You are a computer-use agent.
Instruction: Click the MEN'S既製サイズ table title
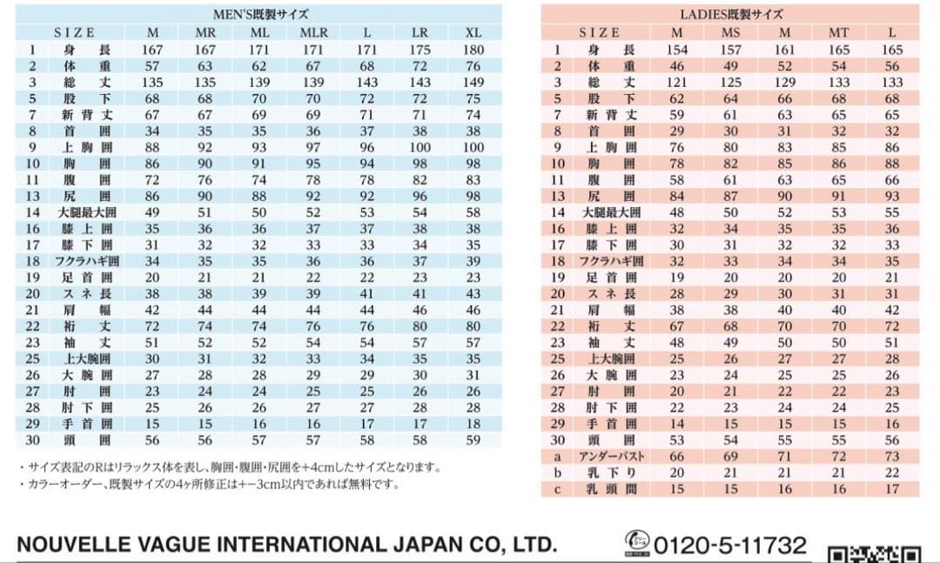tap(260, 14)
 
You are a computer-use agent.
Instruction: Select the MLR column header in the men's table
tap(313, 32)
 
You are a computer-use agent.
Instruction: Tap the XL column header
tap(473, 32)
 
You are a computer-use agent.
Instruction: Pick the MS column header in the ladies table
tap(731, 32)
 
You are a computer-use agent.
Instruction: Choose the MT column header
tap(839, 32)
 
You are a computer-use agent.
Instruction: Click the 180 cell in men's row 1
tap(473, 50)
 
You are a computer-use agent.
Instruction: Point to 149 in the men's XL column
tap(473, 82)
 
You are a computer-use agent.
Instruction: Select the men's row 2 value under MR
tap(205, 66)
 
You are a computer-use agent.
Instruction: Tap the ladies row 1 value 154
tap(676, 50)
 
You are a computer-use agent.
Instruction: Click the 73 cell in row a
tap(892, 457)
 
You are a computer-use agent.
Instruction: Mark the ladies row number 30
tap(557, 440)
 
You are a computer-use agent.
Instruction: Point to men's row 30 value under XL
tap(473, 440)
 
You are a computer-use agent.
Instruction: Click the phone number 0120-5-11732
tap(729, 546)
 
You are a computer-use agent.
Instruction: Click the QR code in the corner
tap(874, 554)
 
